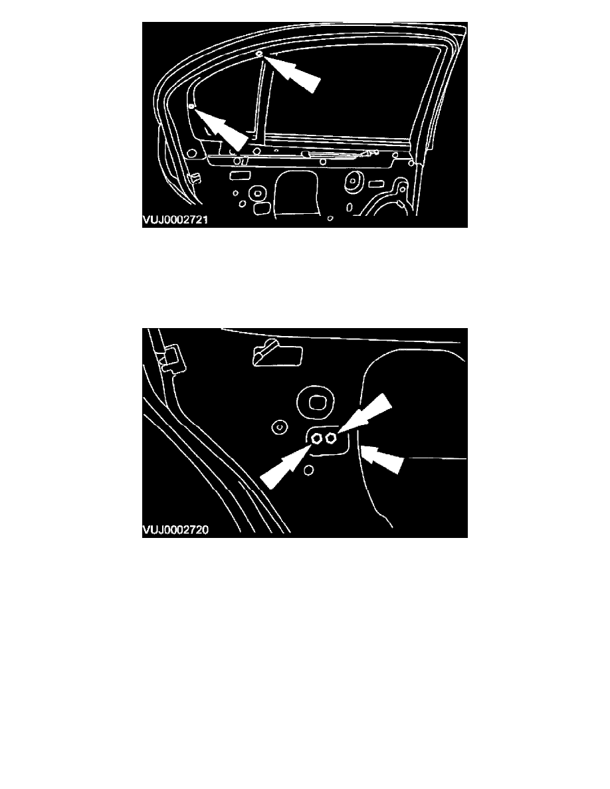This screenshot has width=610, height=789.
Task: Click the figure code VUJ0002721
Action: [x=175, y=220]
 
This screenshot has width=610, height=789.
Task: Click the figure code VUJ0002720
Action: [x=175, y=530]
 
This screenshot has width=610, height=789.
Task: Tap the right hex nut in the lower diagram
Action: [x=331, y=438]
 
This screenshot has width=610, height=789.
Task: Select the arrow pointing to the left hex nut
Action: [x=285, y=466]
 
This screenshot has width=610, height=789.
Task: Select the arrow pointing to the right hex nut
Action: [x=363, y=412]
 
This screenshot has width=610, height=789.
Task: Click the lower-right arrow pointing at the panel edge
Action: [x=383, y=457]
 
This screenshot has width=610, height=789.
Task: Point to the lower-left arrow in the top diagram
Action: [x=221, y=130]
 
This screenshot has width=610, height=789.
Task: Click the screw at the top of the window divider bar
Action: [x=258, y=53]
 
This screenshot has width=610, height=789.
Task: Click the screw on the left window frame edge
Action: [x=191, y=107]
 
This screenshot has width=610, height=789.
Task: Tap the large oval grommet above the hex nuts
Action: [x=316, y=402]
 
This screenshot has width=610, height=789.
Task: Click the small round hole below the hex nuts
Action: [x=310, y=470]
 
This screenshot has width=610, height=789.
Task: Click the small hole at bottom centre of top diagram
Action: [x=330, y=219]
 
